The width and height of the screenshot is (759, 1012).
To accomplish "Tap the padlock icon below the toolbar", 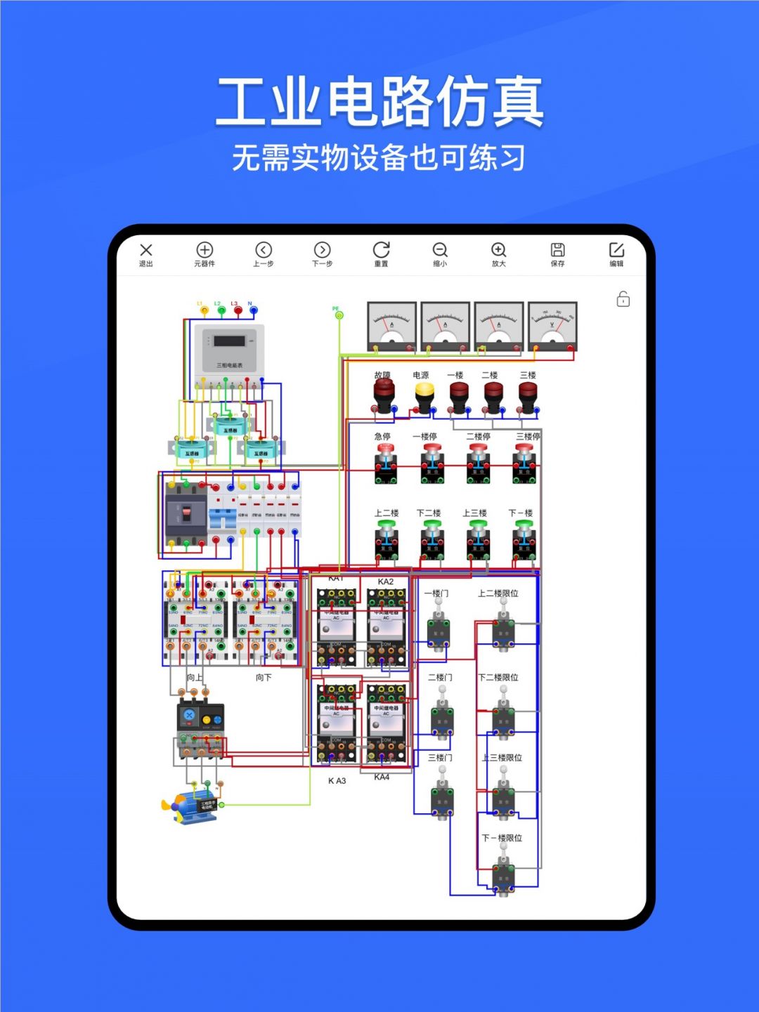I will (623, 299).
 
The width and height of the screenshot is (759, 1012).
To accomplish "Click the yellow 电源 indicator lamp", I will (424, 397).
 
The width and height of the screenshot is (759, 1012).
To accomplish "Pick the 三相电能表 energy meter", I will (229, 349).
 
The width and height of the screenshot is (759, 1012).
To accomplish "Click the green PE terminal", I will (339, 315).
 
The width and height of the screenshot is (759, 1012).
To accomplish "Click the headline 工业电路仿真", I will (379, 102).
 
